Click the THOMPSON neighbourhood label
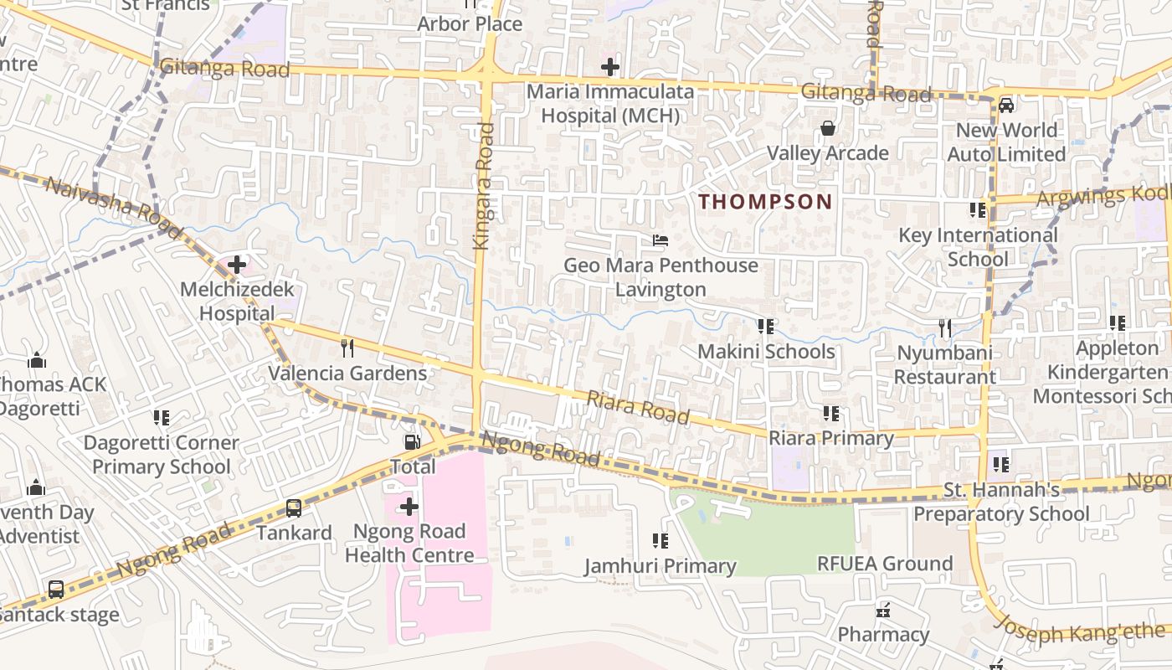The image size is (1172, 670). [x=765, y=202]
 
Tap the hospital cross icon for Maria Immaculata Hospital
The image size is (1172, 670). [x=610, y=67]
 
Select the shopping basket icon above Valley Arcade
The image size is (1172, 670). [x=828, y=128]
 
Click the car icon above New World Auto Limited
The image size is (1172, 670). [x=1006, y=106]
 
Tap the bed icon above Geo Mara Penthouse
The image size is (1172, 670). [x=661, y=241]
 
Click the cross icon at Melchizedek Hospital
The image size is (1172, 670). [x=237, y=265]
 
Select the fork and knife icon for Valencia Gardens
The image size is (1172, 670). [x=347, y=348]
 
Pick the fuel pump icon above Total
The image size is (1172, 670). [x=413, y=441]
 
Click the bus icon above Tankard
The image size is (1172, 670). [x=294, y=508]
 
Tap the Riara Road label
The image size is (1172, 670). [x=638, y=408]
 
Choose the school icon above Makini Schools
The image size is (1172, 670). [x=766, y=327]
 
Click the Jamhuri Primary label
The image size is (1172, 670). [x=661, y=567]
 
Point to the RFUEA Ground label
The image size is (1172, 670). [x=885, y=564]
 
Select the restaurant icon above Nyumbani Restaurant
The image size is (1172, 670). [x=945, y=328]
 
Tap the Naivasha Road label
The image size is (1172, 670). [x=113, y=208]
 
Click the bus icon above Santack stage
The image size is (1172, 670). [x=56, y=590]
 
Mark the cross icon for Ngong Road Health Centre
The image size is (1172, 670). [x=409, y=507]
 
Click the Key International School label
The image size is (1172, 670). [x=978, y=247]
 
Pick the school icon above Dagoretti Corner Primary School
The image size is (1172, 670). [x=162, y=418]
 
